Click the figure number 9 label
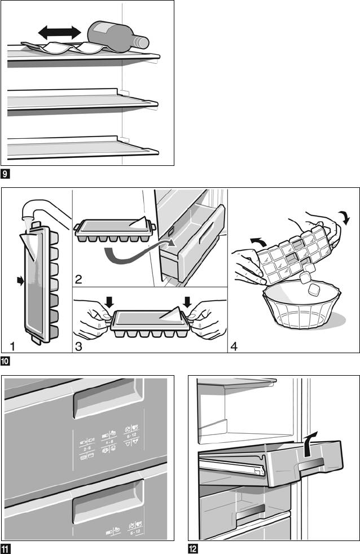coord(5,173)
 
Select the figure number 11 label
coord(6,548)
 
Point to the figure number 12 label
coord(193,548)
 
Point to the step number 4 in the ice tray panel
coord(235,345)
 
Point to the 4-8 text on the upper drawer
coord(107,443)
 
